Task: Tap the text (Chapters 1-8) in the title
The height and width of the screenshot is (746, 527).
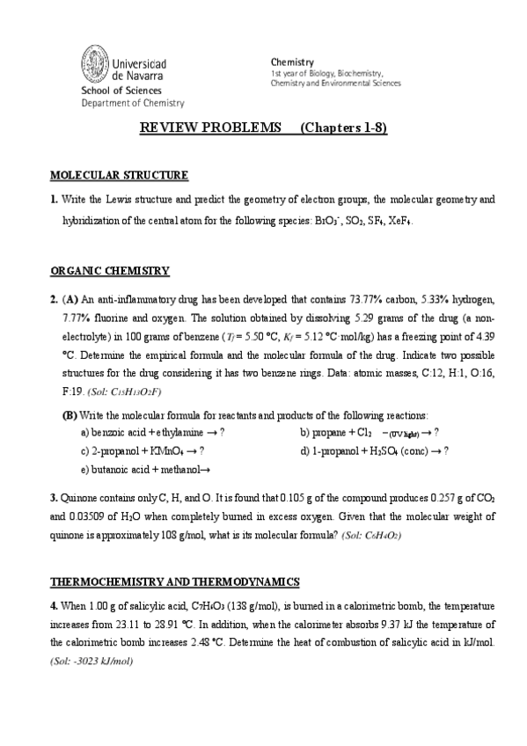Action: click(344, 128)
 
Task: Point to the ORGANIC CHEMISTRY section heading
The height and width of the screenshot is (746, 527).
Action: click(110, 270)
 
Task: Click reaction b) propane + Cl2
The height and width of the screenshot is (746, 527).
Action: click(369, 432)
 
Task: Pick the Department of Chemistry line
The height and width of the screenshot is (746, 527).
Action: click(133, 103)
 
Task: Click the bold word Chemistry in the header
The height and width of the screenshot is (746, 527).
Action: click(292, 62)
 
